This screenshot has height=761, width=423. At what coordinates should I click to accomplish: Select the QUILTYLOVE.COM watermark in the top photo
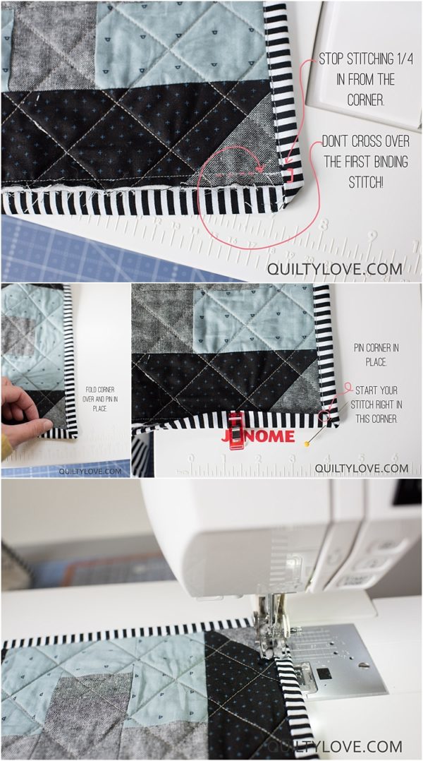click(x=334, y=268)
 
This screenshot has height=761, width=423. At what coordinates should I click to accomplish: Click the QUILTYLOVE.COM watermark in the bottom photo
click(x=334, y=746)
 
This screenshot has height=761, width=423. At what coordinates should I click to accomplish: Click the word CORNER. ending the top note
click(x=366, y=100)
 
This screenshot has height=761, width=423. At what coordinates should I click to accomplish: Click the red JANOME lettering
click(x=259, y=436)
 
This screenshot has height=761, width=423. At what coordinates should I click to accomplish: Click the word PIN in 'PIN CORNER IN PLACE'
click(x=361, y=348)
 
